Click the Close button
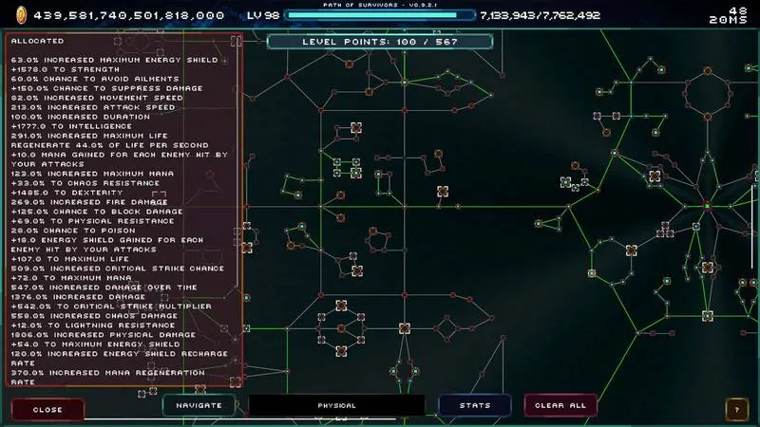[47, 410]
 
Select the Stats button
[475, 405]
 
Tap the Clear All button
[560, 405]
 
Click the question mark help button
[735, 410]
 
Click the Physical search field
[336, 405]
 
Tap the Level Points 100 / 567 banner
[380, 42]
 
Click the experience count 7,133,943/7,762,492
[540, 15]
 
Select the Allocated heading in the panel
[38, 41]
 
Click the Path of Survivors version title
[380, 6]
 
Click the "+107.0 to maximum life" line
[64, 259]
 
